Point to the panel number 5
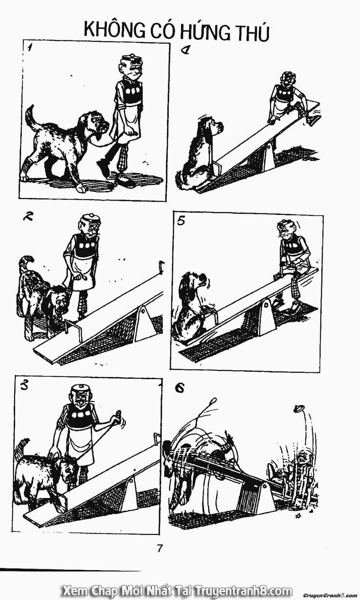pos(181,221)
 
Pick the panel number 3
pos(24,386)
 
